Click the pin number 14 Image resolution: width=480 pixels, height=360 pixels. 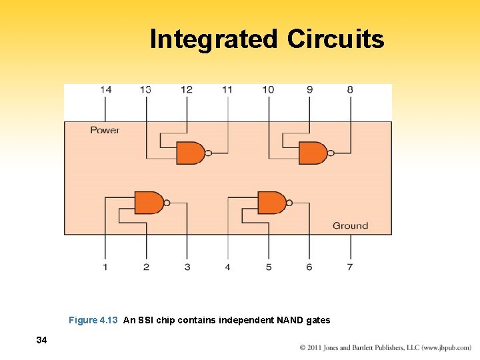106,89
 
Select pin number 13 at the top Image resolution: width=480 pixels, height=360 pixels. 146,89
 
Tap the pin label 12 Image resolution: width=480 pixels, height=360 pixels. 187,89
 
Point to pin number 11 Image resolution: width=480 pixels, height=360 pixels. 227,89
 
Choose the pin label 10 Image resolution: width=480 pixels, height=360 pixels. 268,89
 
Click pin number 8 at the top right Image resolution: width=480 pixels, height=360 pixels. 350,89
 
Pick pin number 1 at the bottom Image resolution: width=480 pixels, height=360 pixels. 105,267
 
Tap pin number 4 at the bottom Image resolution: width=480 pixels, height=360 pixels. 227,267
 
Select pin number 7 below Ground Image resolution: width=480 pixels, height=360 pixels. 350,267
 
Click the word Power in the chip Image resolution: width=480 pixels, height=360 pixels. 105,130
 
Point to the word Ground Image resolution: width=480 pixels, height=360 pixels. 350,226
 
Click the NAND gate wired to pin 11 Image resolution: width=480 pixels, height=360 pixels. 191,153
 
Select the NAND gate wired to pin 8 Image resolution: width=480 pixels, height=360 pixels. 313,153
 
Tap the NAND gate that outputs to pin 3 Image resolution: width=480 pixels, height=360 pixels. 149,203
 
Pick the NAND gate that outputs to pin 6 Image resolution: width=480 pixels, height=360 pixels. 272,203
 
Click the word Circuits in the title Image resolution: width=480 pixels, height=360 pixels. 335,39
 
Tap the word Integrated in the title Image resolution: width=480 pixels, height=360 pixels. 213,39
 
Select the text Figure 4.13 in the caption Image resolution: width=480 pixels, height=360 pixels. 93,320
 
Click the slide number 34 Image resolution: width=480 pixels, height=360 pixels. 41,341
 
